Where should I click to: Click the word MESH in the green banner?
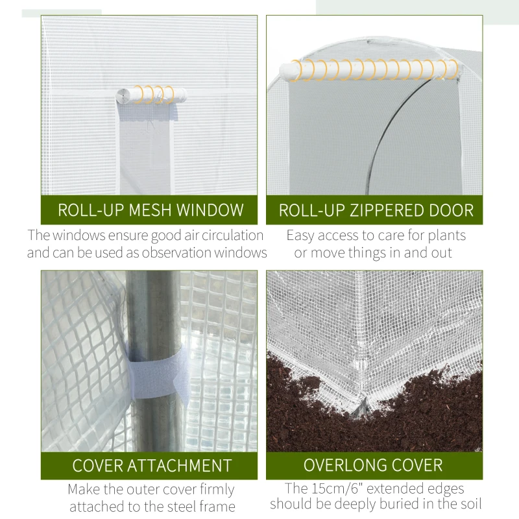coord(151,210)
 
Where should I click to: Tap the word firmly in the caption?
coord(213,490)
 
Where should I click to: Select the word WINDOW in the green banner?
coord(210,210)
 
